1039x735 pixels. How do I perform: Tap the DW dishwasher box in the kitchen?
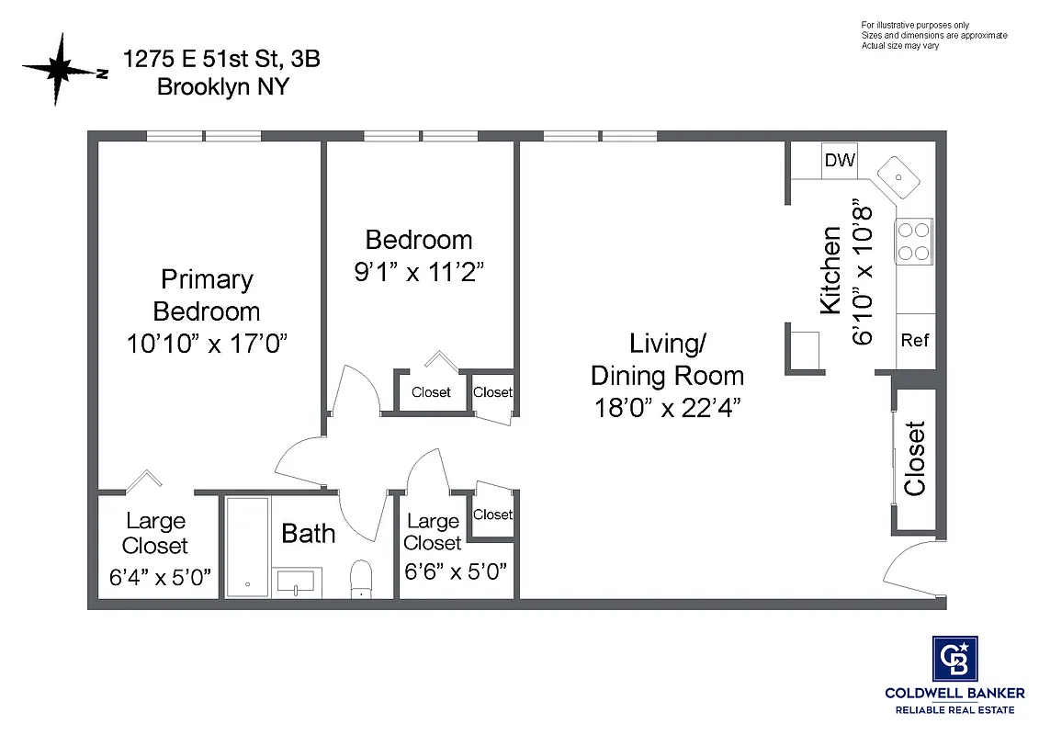(x=839, y=161)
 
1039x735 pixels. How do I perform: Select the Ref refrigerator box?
(x=915, y=340)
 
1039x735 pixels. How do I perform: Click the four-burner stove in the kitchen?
(x=913, y=242)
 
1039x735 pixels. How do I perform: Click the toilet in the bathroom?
(x=361, y=578)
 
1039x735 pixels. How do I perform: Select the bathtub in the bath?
(x=247, y=548)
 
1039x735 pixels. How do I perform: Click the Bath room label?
(x=308, y=534)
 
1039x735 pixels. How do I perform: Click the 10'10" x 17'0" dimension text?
(x=208, y=344)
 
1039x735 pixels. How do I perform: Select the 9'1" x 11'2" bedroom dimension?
(x=419, y=273)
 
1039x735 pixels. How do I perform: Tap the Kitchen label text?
(x=830, y=270)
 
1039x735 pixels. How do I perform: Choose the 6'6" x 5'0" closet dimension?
(x=456, y=571)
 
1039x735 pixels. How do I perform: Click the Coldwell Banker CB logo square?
(x=954, y=659)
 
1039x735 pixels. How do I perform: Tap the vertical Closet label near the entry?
(x=915, y=458)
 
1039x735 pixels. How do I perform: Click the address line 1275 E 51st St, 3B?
(x=222, y=60)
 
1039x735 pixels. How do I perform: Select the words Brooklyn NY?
(x=222, y=87)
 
